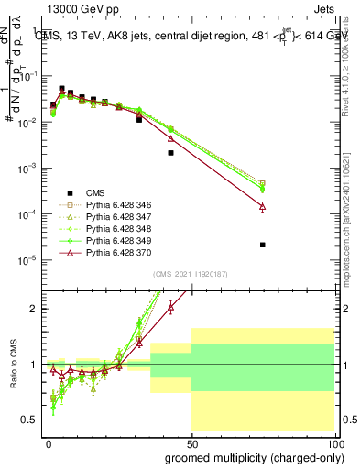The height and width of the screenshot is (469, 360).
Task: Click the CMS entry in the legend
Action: click(x=94, y=192)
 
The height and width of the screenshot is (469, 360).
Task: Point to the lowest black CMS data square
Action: click(x=263, y=245)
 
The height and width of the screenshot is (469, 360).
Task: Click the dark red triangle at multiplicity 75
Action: click(x=263, y=207)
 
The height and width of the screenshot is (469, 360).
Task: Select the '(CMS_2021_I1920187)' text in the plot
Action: click(x=190, y=274)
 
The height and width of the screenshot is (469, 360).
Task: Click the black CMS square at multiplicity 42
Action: click(x=170, y=153)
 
